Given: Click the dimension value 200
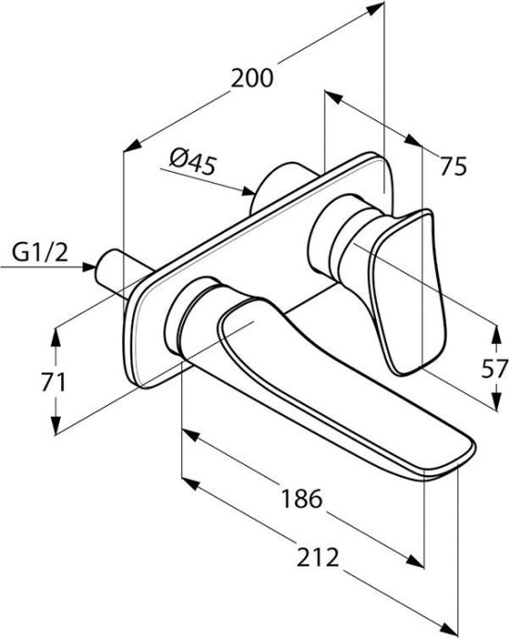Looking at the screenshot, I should (x=252, y=79).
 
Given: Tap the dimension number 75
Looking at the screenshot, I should (x=453, y=166).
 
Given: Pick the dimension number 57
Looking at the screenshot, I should (x=495, y=368).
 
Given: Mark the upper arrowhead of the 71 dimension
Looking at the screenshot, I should (x=55, y=334).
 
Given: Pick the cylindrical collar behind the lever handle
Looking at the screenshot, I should (x=333, y=242).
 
